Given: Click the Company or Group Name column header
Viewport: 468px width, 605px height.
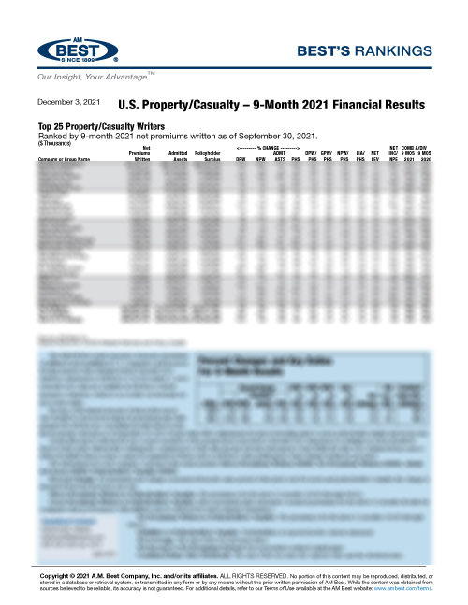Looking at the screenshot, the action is [x=66, y=160].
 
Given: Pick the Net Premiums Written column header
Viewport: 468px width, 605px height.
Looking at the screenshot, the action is [x=142, y=154].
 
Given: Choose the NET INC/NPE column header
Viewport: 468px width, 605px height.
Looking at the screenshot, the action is [x=394, y=154].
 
